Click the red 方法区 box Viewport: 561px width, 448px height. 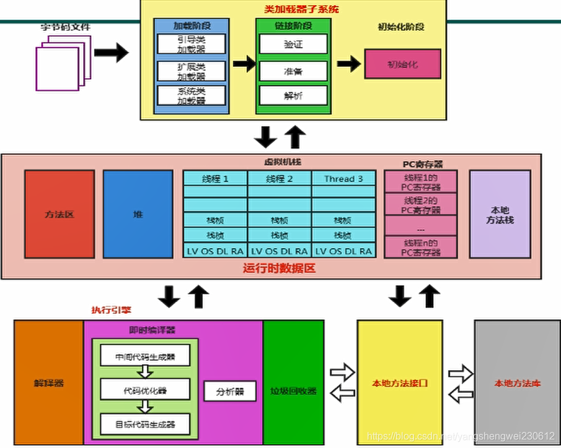pyautogui.click(x=60, y=214)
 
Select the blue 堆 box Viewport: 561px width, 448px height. pyautogui.click(x=138, y=214)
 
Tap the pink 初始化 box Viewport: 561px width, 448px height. pyautogui.click(x=402, y=64)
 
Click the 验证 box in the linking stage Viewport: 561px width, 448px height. pyautogui.click(x=293, y=44)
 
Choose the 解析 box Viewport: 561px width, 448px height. pyautogui.click(x=293, y=95)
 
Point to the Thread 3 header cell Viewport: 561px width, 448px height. pyautogui.click(x=343, y=178)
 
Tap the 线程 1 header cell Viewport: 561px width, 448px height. pyautogui.click(x=215, y=178)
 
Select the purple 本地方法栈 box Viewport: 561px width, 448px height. pyautogui.click(x=500, y=214)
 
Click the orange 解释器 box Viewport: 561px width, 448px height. pyautogui.click(x=49, y=383)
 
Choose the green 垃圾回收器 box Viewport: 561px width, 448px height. pyautogui.click(x=293, y=391)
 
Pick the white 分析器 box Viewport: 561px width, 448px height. pyautogui.click(x=230, y=391)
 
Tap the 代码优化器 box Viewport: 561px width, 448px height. pyautogui.click(x=144, y=390)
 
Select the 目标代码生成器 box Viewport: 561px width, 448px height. pyautogui.click(x=144, y=424)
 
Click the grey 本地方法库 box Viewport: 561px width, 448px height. pyautogui.click(x=517, y=383)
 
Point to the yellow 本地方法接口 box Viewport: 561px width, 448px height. pyautogui.click(x=399, y=383)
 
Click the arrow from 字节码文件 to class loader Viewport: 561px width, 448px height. pyautogui.click(x=112, y=53)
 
